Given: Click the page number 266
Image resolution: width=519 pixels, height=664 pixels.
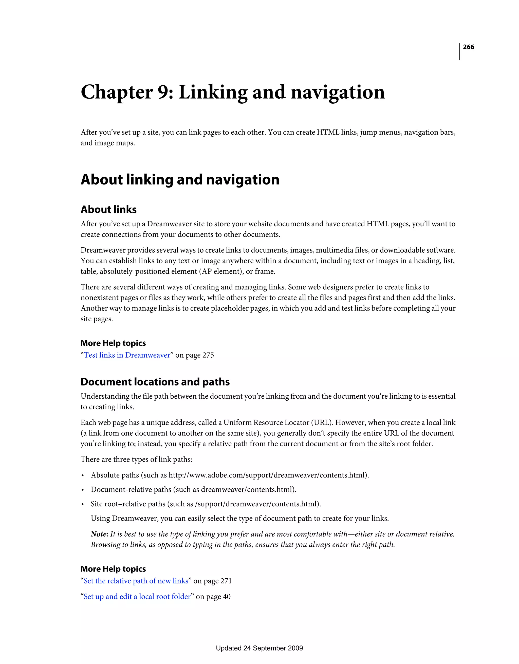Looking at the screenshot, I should pos(468,47).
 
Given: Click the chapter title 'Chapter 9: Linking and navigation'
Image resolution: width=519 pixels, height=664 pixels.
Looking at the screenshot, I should pos(233,92).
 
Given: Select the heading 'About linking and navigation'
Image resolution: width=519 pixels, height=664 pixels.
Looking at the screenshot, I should pos(180,179).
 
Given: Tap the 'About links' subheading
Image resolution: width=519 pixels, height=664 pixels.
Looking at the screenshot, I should pos(108,210).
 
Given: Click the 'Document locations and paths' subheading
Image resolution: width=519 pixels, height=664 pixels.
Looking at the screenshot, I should pos(155,382).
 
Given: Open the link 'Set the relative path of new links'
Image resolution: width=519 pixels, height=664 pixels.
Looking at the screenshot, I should pos(136,581).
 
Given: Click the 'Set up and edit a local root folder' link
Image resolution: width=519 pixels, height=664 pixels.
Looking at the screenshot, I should pos(137,597).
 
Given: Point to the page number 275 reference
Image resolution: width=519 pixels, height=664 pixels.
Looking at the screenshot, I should pos(208,355).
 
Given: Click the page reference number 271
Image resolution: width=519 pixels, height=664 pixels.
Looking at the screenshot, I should pos(226,581).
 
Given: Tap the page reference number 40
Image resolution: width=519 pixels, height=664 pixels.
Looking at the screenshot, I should pos(227,597).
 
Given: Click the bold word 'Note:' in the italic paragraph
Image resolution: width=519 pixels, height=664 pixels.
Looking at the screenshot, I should pos(99,534).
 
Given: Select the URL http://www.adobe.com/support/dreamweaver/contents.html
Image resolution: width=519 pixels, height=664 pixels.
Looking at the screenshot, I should pos(268,475).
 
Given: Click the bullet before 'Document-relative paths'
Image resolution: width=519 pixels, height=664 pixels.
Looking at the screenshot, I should pos(83,490).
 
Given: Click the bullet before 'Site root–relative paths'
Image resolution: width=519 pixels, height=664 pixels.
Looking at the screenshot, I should pos(83,504).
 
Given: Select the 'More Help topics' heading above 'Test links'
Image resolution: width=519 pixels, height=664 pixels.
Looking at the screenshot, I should pos(113,343).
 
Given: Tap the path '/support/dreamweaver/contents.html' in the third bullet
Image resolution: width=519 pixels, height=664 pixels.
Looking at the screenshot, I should pos(257,504).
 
